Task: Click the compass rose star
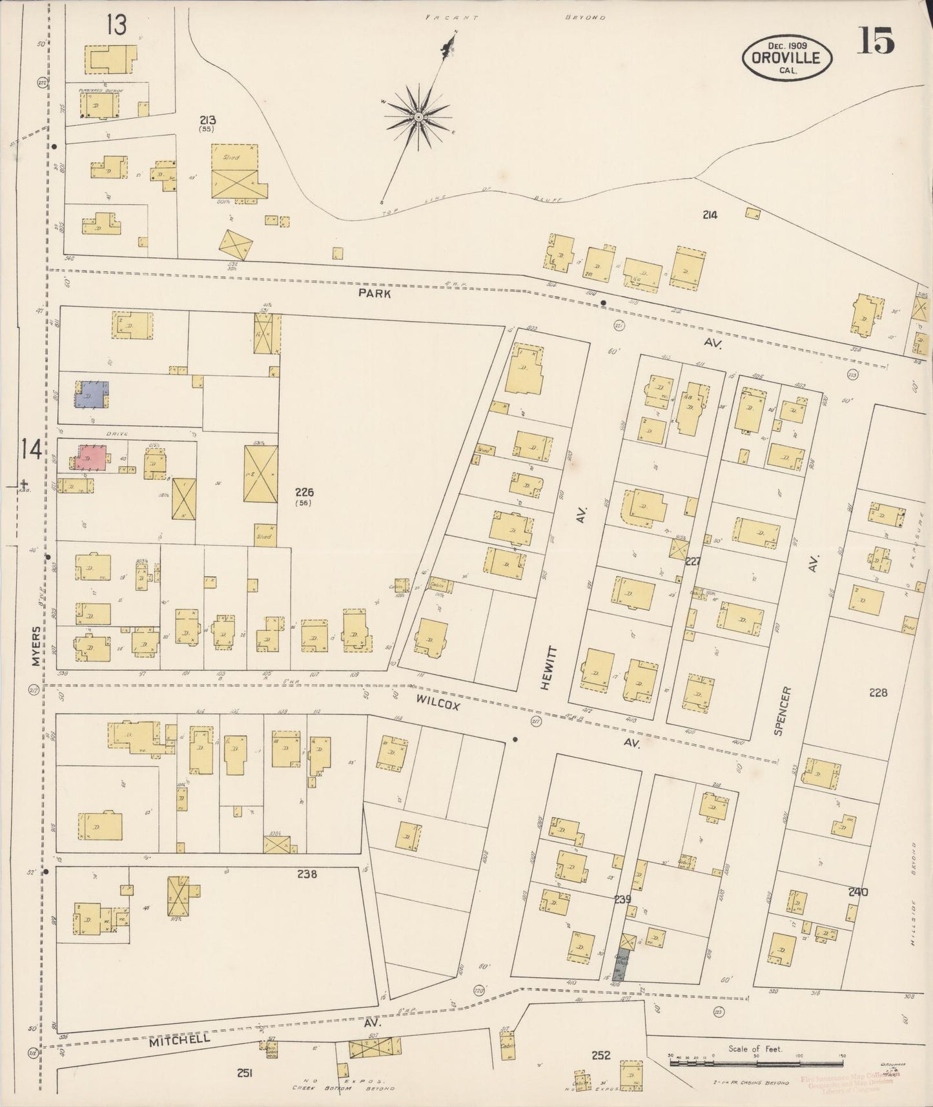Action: click(418, 117)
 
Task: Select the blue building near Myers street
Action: click(92, 395)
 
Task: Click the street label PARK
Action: click(375, 293)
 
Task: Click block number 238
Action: click(306, 874)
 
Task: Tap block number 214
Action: click(710, 214)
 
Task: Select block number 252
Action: click(601, 1055)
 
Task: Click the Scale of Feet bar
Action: click(755, 1060)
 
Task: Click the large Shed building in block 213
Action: click(235, 171)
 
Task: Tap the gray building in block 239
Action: click(622, 966)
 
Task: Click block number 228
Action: click(877, 692)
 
